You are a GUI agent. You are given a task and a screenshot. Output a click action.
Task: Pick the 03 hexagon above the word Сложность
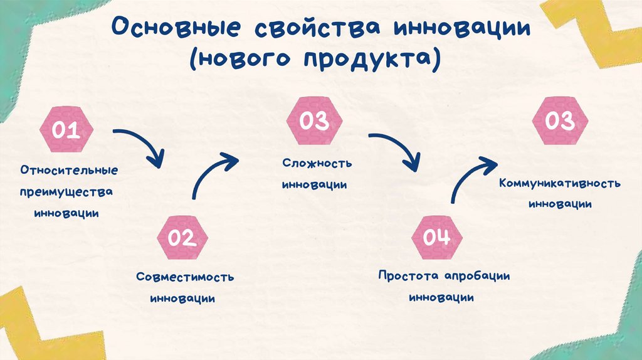pyautogui.click(x=314, y=121)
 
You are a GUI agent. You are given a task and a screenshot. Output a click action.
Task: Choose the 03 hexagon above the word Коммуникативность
pyautogui.click(x=559, y=121)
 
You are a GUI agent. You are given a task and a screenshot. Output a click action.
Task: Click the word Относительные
pyautogui.click(x=68, y=170)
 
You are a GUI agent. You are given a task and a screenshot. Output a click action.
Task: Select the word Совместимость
pyautogui.click(x=185, y=277)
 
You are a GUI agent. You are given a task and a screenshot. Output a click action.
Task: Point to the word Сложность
pyautogui.click(x=317, y=164)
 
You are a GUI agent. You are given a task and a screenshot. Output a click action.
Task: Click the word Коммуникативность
pyautogui.click(x=560, y=184)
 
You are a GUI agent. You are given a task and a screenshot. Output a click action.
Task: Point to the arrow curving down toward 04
pyautogui.click(x=398, y=149)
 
